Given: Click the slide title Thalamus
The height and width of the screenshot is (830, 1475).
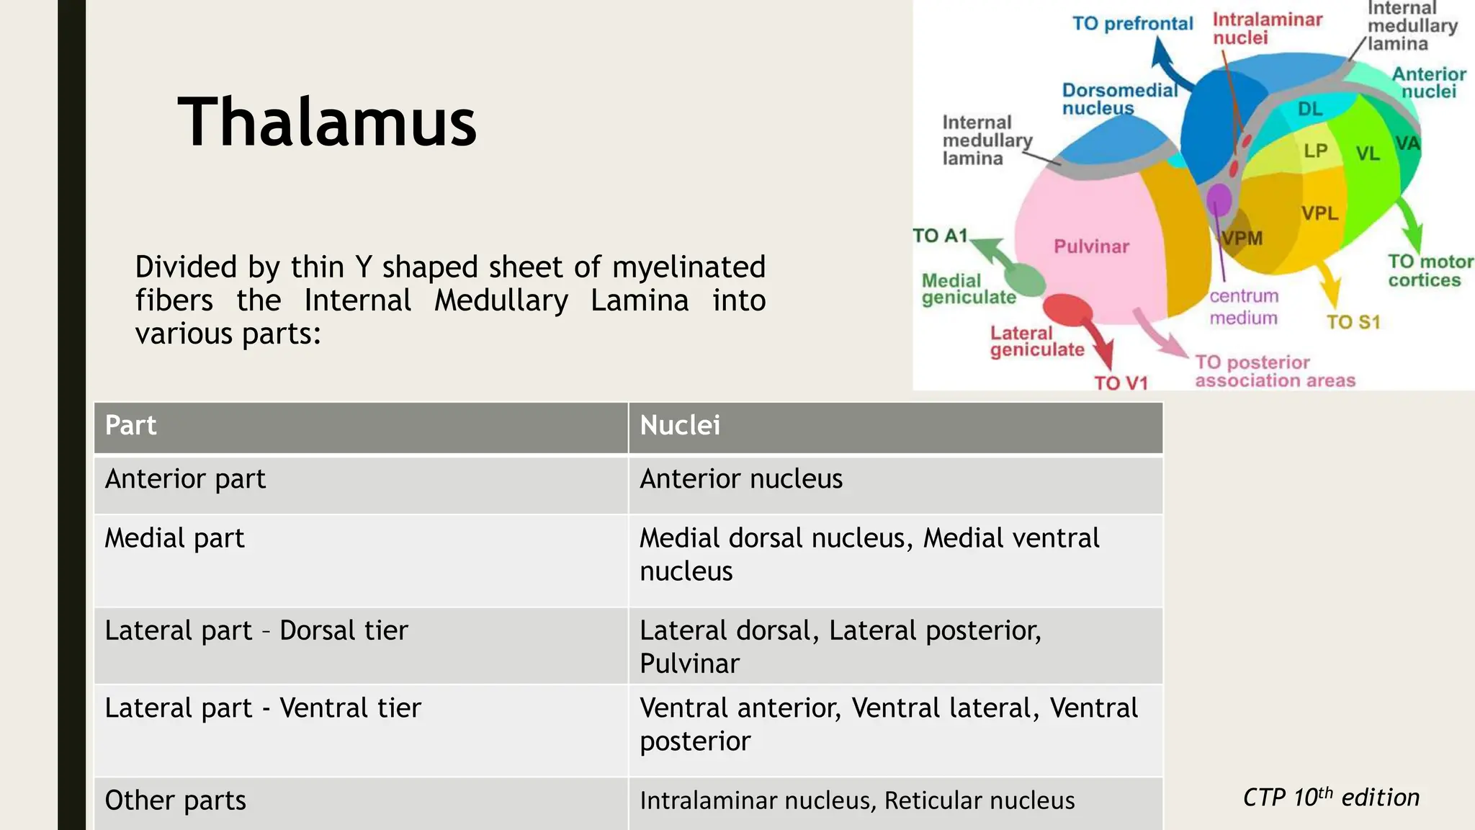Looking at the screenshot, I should pos(327,122).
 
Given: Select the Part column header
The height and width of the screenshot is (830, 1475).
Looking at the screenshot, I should pos(130,425).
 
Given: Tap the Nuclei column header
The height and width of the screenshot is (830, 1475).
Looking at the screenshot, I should pos(680,425).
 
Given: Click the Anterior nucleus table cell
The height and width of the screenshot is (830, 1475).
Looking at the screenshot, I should pos(741,479).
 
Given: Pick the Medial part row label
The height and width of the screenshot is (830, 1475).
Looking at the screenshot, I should pos(174,538).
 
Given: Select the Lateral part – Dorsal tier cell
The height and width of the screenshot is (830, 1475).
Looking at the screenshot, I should pos(256,630).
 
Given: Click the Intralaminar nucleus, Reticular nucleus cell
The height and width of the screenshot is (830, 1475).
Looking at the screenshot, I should pos(857,800).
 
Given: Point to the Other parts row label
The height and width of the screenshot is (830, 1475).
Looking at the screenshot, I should pos(175,800).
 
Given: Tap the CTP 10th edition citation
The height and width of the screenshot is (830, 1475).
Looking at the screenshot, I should pos(1331,798).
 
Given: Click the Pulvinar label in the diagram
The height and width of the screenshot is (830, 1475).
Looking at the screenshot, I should pos(1091,246).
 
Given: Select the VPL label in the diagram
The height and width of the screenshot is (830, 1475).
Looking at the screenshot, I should pos(1319,213).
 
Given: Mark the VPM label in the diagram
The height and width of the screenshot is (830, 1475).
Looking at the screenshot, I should pos(1242,238).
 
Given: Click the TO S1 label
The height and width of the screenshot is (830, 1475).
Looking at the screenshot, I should pos(1353,322).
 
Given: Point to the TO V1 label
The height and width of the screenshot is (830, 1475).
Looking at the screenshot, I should pos(1121,383).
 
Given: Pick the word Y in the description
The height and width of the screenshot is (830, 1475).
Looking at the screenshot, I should pos(364,267).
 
